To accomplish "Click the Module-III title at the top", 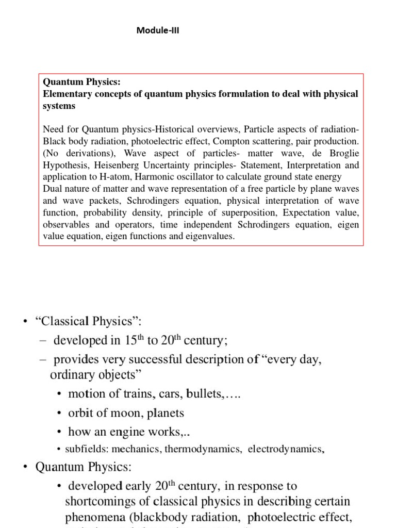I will [158, 30].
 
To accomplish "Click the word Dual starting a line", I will [52, 189].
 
